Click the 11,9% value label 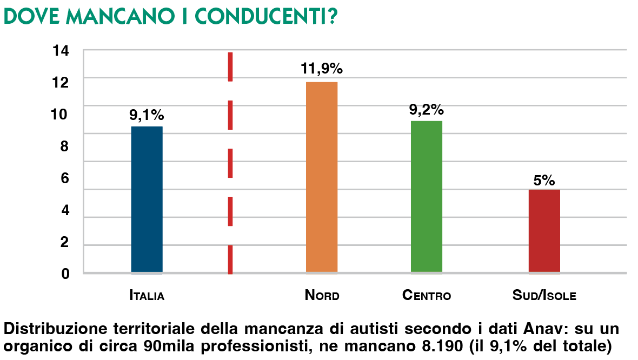pos(322,69)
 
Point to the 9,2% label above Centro pos(426,109)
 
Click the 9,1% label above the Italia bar pos(147,115)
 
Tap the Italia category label pos(147,296)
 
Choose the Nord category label pos(322,296)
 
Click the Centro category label pos(427,296)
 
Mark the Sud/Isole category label pos(544,296)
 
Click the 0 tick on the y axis pos(65,274)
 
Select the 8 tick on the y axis pos(65,146)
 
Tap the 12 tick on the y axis pos(61,83)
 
